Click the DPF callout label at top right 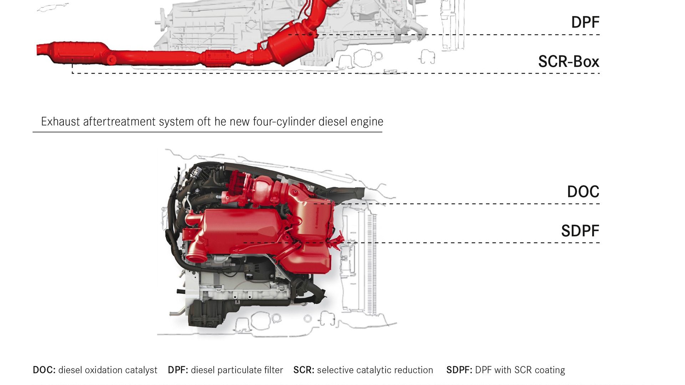(585, 22)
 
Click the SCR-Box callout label (568, 62)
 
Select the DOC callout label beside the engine (583, 192)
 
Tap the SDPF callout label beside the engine (580, 231)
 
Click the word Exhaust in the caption (60, 122)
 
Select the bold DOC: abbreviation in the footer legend (44, 370)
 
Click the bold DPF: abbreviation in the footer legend (178, 370)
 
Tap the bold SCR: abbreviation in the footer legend (304, 370)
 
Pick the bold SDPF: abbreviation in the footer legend (459, 370)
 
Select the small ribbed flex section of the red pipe (218, 58)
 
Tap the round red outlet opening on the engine (196, 257)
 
